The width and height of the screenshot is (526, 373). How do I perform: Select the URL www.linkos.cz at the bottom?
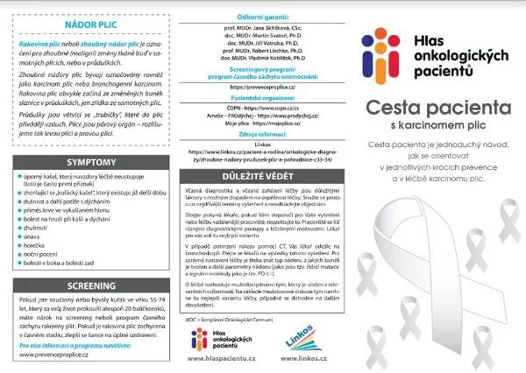301,358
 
